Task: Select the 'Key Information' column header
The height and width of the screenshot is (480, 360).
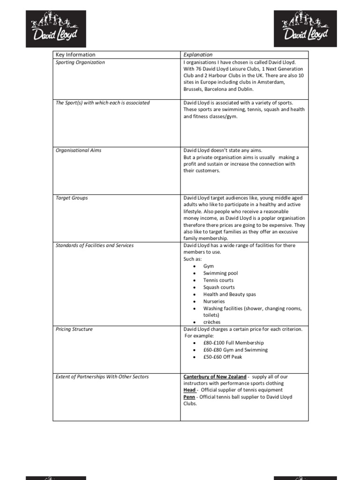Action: [75, 55]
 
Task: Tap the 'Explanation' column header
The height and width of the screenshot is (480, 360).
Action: [198, 55]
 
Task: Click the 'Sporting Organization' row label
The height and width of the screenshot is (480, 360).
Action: [80, 62]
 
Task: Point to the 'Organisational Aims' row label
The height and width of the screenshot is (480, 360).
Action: [78, 150]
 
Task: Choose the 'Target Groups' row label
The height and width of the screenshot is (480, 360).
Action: [72, 198]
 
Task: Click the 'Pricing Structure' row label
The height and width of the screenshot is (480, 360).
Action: [74, 329]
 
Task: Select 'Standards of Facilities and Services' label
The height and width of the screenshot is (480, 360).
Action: [94, 245]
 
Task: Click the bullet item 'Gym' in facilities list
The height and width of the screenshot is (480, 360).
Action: [209, 266]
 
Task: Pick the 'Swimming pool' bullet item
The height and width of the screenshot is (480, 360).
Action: [220, 273]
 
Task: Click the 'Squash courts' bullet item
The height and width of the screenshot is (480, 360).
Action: [219, 287]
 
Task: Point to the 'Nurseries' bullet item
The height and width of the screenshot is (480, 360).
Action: [214, 301]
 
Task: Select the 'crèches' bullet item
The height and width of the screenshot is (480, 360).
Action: [212, 322]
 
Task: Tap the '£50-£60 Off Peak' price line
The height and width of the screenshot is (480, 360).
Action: [223, 357]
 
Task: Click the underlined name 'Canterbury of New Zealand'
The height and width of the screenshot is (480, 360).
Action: [214, 376]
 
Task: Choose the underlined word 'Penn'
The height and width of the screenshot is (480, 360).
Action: [189, 397]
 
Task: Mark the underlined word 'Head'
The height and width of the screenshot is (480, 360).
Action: [189, 390]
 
